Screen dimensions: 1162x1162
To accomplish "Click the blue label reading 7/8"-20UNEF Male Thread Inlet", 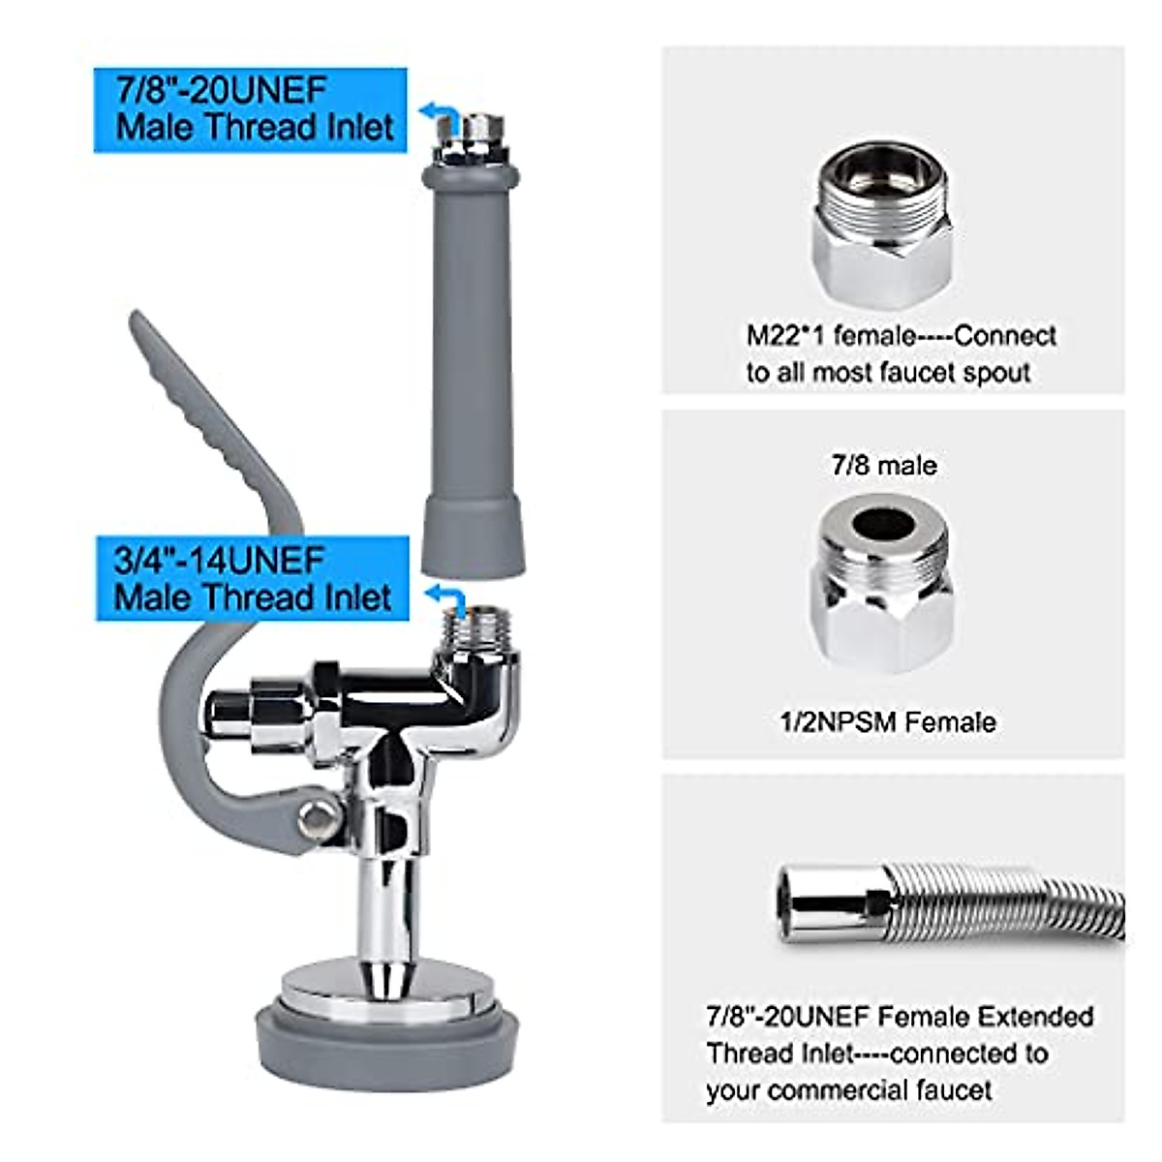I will (250, 109).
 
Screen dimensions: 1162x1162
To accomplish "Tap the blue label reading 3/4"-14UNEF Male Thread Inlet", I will (252, 578).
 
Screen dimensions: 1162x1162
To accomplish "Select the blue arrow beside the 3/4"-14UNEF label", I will (446, 594).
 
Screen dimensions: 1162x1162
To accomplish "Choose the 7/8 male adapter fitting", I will (882, 581).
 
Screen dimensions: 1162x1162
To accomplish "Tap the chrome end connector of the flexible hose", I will (833, 903).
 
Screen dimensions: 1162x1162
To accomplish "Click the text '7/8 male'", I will (884, 466).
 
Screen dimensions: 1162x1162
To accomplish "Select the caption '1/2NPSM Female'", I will (888, 722).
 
